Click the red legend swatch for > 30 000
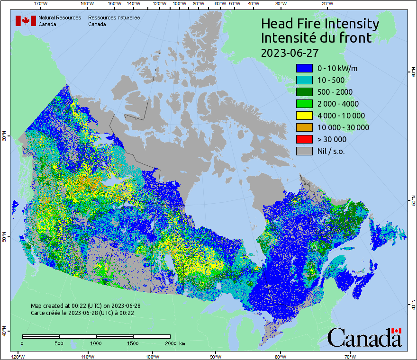[x=304, y=139]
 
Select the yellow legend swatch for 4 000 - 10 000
[x=304, y=116]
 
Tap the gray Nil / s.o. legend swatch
[x=304, y=151]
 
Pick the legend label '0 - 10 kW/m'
[x=337, y=68]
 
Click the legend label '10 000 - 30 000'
[x=343, y=127]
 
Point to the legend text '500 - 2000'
[x=335, y=92]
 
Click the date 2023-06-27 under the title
[x=290, y=52]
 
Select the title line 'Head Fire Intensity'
[x=320, y=24]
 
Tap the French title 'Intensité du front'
[x=317, y=38]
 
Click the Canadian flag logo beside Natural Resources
[x=26, y=21]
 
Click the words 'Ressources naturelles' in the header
[x=114, y=18]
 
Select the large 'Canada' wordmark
[x=364, y=338]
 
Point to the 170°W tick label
[x=41, y=4]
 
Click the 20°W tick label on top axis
[x=326, y=4]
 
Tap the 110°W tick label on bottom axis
[x=87, y=356]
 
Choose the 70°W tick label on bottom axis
[x=350, y=356]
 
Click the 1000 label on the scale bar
[x=96, y=343]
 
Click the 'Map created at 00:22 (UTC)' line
[x=85, y=306]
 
